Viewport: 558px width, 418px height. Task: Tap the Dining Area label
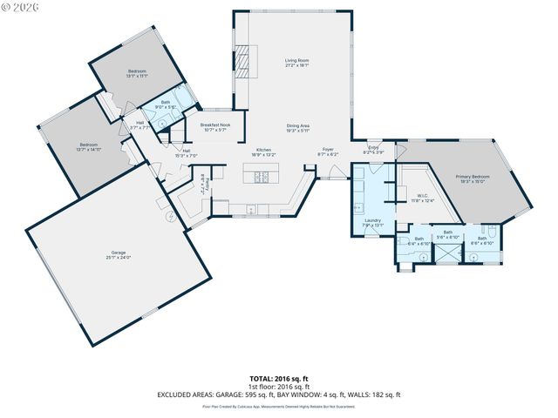tap(298, 127)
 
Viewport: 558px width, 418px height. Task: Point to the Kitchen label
tap(263, 151)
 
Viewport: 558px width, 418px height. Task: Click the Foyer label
tap(327, 151)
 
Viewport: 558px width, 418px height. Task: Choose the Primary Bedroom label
tap(474, 177)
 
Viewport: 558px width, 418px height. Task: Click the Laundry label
tap(373, 220)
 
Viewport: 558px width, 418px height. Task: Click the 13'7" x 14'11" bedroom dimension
tap(89, 149)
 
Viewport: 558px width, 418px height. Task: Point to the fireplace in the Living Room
tap(242, 59)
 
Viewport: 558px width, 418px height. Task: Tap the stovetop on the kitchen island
tap(261, 178)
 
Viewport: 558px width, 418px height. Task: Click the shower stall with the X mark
tap(447, 253)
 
